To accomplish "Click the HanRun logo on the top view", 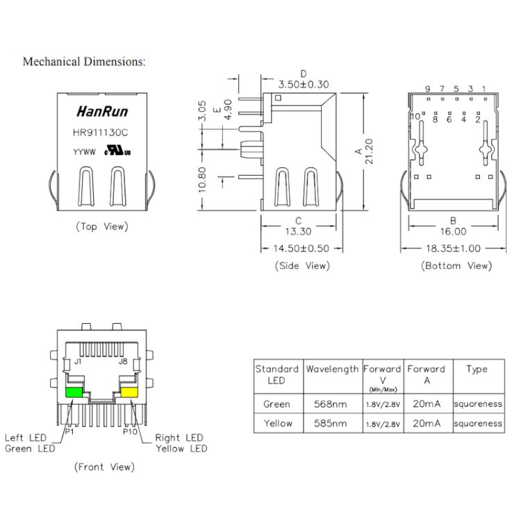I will [x=101, y=111].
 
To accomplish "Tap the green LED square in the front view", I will [x=74, y=392].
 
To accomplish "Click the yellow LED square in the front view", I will [x=130, y=392].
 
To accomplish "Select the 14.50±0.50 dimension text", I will [x=301, y=248].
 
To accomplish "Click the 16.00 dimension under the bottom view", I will [x=452, y=232].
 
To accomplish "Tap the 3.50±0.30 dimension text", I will [x=304, y=84].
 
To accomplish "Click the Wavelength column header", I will [x=332, y=370].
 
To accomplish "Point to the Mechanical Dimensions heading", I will [x=84, y=62].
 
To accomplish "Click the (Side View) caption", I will [x=302, y=265].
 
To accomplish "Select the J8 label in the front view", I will [x=123, y=361].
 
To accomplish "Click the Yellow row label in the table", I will [x=277, y=423].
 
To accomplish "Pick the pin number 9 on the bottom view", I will [x=428, y=89].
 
